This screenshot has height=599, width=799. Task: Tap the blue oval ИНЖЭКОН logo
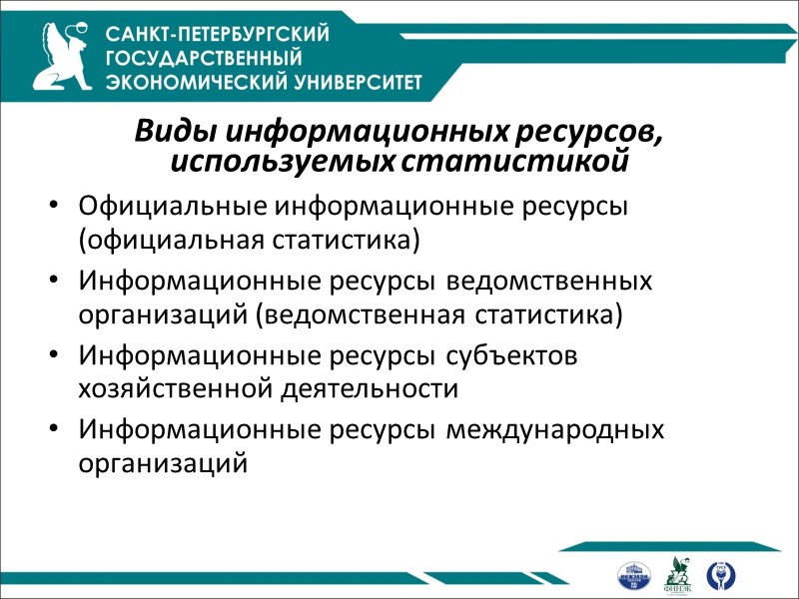(633, 576)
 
